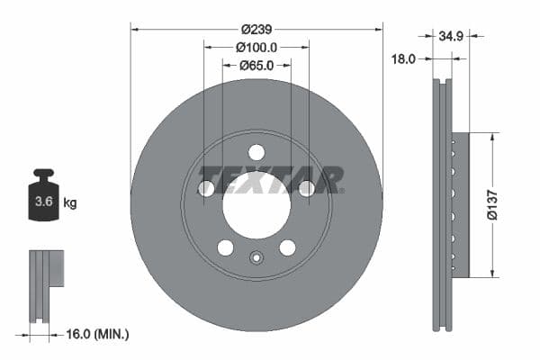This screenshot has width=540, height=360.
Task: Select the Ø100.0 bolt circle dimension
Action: (256, 47)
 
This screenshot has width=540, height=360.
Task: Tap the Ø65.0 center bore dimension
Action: (256, 65)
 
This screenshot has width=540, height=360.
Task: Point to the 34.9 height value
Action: (450, 37)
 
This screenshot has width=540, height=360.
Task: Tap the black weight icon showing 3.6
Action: (44, 198)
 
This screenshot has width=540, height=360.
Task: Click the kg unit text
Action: (70, 203)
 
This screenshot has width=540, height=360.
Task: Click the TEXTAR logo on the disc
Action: (270, 179)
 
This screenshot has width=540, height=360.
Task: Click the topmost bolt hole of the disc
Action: (256, 152)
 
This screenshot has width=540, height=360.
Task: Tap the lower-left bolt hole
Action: (225, 247)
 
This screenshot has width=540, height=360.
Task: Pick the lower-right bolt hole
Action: (287, 247)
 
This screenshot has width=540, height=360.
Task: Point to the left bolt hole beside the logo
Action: (206, 188)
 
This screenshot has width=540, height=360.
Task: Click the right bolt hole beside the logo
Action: (307, 188)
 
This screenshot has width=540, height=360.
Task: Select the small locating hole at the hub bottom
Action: (256, 260)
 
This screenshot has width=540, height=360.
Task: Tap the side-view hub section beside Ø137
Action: (460, 205)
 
